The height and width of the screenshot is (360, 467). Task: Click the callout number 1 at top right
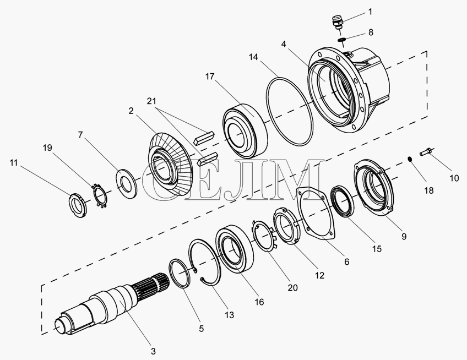[370, 12]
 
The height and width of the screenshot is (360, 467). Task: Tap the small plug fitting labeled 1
[336, 23]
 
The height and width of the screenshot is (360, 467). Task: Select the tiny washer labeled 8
[341, 39]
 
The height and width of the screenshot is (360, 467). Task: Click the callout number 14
[253, 57]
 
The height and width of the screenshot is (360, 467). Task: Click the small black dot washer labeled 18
[410, 159]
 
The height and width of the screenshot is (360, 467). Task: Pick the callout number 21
[151, 101]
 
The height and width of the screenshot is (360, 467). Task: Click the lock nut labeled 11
[78, 205]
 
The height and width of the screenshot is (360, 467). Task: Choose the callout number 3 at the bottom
[153, 351]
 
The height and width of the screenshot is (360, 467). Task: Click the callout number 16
[259, 302]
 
